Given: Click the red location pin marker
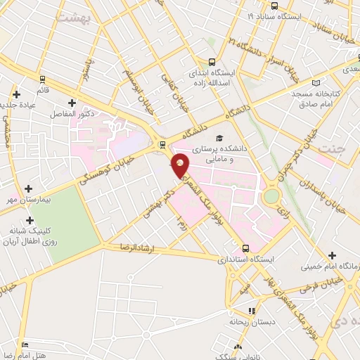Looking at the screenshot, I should tap(181, 166).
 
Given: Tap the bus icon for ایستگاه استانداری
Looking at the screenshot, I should tap(245, 248).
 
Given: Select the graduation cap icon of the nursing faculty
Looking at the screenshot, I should tap(219, 139).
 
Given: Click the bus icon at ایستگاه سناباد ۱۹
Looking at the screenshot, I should tap(252, 15).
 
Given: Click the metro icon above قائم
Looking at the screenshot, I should tap(42, 79).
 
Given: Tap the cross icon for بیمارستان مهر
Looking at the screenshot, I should tap(28, 188).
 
